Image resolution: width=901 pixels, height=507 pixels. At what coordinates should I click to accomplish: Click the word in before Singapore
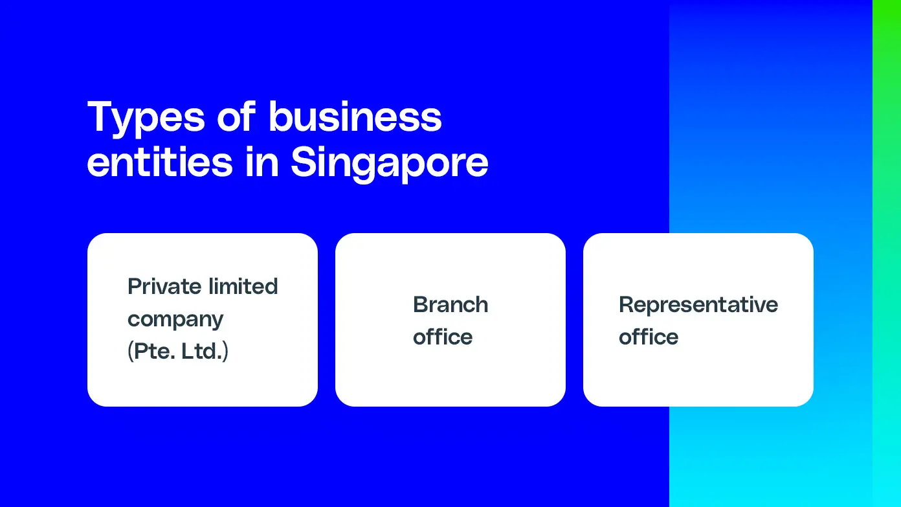(262, 161)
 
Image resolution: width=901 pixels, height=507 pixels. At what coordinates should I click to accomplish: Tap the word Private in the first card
(164, 286)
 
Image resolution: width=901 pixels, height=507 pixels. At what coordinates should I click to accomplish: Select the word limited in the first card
(243, 286)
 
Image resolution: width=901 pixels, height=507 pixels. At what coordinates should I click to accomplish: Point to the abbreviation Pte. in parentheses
(151, 351)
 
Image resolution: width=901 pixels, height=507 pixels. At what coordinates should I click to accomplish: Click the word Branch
(450, 304)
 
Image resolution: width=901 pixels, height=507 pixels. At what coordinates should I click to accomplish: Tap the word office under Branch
(443, 337)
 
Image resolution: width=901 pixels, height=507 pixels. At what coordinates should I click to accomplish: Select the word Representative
(698, 305)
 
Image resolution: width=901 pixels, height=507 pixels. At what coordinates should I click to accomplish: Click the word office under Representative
(649, 337)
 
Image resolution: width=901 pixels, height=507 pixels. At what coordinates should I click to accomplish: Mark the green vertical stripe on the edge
(887, 254)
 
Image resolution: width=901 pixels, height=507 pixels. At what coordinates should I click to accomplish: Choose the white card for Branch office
(450, 320)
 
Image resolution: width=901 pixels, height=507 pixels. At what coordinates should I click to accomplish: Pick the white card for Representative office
(698, 320)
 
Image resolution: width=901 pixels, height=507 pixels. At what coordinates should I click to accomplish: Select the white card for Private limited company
(203, 320)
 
